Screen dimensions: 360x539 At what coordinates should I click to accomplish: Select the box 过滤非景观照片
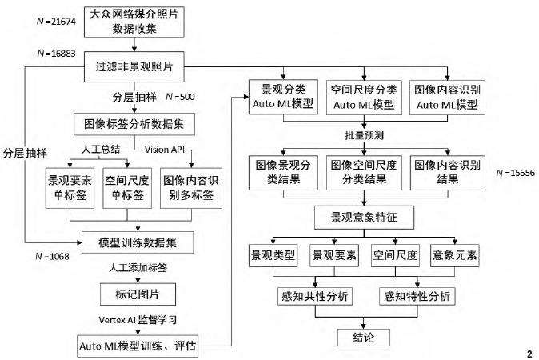pyautogui.click(x=135, y=69)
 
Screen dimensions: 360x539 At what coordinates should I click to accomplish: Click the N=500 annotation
pyautogui.click(x=179, y=96)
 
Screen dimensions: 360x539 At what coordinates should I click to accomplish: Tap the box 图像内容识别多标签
pyautogui.click(x=193, y=189)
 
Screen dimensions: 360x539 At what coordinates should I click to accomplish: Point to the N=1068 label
pyautogui.click(x=54, y=256)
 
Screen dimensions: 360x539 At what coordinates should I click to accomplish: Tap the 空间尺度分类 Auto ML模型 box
pyautogui.click(x=364, y=97)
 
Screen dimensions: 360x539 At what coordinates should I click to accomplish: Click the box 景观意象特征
pyautogui.click(x=364, y=217)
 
